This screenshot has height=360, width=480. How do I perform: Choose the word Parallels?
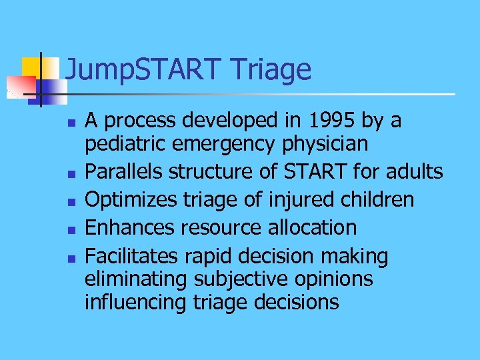click(x=124, y=172)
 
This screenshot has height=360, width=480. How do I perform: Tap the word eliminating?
click(x=136, y=279)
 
